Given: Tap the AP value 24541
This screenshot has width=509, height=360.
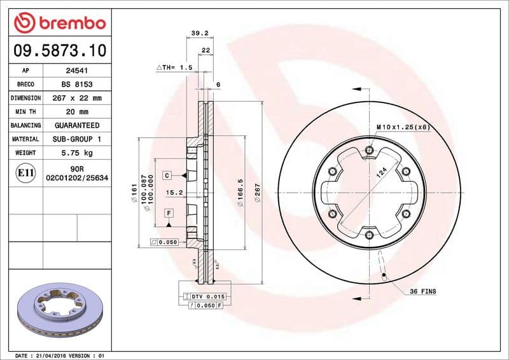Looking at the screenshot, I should point(77,71).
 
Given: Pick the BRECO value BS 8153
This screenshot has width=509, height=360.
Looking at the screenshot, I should point(77,85).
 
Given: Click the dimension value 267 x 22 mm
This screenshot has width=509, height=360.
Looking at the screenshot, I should point(77,99).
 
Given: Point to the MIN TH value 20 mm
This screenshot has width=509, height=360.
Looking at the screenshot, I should point(77,112).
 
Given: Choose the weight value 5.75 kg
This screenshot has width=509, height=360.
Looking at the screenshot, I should point(77,153).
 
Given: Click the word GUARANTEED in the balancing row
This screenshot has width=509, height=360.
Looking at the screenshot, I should point(77,125).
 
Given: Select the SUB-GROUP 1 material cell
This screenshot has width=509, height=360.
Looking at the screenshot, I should point(77,139).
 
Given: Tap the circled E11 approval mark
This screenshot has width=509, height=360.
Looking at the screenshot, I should point(26,172).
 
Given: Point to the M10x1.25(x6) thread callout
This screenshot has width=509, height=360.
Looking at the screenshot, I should point(403,127).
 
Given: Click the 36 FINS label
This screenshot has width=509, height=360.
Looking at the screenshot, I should point(423,291).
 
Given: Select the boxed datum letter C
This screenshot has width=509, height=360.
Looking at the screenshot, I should point(167,175).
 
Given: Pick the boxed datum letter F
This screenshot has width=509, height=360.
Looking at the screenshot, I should point(169,212).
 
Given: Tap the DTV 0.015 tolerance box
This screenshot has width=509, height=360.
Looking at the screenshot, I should point(204,296).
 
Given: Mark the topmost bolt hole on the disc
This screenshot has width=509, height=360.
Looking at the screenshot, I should point(370,151).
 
